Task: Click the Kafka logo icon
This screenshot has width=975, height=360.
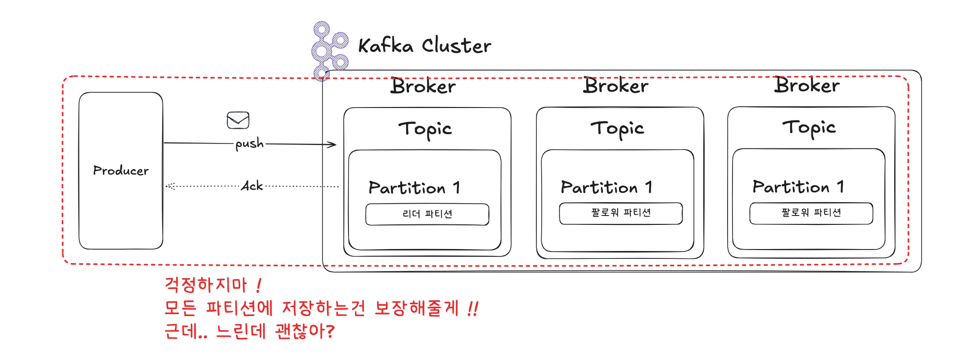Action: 329,50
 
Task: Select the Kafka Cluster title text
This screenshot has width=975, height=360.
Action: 424,46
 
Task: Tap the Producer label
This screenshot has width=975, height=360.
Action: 121,171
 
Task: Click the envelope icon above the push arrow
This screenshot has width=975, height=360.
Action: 238,120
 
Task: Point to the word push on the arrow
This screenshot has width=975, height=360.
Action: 249,144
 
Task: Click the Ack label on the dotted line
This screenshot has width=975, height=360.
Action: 252,186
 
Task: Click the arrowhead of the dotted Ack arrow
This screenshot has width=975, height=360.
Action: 170,186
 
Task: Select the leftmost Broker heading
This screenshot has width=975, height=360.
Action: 423,86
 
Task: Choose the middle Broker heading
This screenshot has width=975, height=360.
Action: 616,86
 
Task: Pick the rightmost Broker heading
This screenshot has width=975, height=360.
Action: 807,85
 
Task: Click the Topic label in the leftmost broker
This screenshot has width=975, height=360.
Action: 425,129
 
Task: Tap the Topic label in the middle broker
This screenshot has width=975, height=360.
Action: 617,128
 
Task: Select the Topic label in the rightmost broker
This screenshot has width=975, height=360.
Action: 809,127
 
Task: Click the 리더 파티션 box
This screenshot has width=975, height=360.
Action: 427,214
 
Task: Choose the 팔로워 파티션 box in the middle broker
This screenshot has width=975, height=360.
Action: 621,213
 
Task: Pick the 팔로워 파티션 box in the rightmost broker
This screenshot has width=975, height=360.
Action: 811,213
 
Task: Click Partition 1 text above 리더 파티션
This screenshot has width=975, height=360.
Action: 414,188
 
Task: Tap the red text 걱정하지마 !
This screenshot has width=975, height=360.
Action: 212,285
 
